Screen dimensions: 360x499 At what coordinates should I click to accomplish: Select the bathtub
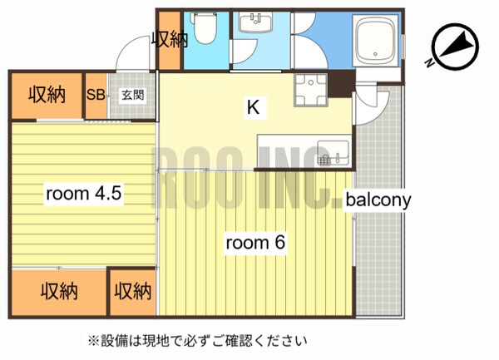[376, 42]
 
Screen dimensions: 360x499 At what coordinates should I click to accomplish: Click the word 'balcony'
[379, 200]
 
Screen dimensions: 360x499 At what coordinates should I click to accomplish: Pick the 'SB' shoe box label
[95, 95]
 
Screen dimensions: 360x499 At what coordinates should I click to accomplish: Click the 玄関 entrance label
[132, 95]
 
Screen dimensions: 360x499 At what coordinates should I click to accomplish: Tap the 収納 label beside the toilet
[169, 39]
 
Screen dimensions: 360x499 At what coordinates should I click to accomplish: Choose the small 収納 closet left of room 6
[133, 292]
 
